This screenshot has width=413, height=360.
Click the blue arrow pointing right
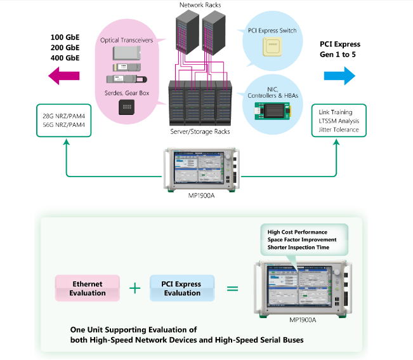[339, 76]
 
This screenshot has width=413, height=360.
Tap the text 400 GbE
[65, 58]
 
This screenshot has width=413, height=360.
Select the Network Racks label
[201, 5]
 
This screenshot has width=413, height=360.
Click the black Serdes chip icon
[128, 107]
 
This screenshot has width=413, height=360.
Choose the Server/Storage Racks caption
[200, 131]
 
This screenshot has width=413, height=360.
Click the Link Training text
[336, 112]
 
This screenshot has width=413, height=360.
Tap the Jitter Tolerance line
[339, 130]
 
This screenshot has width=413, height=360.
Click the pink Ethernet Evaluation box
[88, 289]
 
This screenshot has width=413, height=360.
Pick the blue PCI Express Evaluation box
[182, 289]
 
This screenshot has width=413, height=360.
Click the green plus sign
[134, 288]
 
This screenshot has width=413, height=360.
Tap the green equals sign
[232, 289]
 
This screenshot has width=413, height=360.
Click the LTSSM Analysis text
[339, 121]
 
